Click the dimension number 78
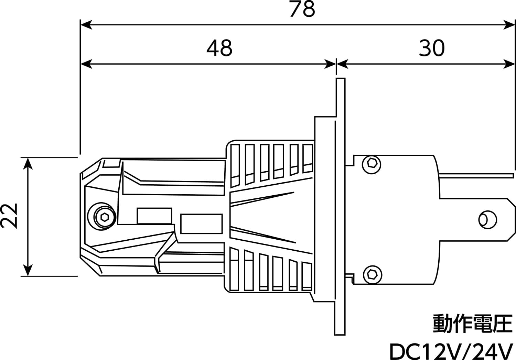[302, 9]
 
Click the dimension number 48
[219, 48]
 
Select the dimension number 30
[432, 48]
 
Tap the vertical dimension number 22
[9, 216]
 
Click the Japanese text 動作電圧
[472, 324]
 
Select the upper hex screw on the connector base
[372, 163]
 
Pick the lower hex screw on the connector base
[372, 274]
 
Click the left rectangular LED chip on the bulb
[154, 216]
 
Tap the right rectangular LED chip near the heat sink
[201, 223]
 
